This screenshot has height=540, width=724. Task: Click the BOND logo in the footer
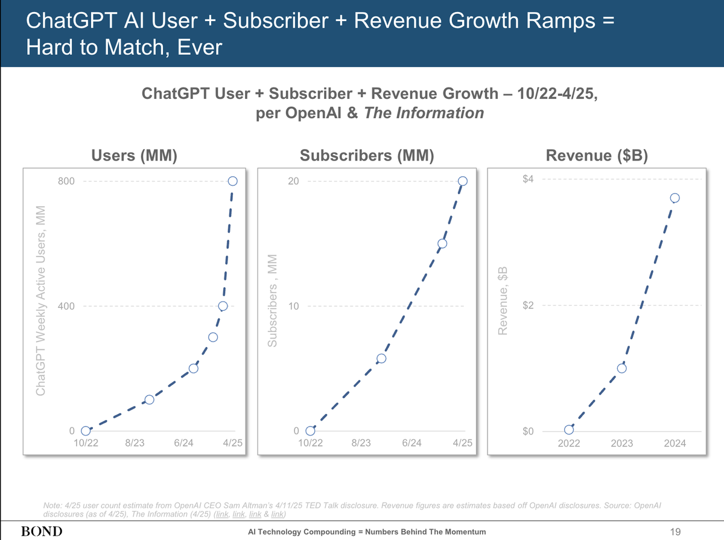pyautogui.click(x=42, y=532)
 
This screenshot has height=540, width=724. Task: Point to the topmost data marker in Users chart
pyautogui.click(x=233, y=181)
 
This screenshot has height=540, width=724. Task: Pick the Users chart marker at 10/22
pyautogui.click(x=86, y=431)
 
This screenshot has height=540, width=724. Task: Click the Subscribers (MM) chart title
pyautogui.click(x=367, y=156)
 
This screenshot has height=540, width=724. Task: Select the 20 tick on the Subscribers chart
pyautogui.click(x=293, y=181)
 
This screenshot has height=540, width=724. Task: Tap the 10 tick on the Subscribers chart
pyautogui.click(x=293, y=306)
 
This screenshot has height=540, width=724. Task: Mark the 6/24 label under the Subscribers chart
pyautogui.click(x=411, y=443)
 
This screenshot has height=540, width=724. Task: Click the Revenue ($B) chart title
pyautogui.click(x=596, y=156)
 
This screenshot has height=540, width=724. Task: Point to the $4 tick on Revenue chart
pyautogui.click(x=529, y=179)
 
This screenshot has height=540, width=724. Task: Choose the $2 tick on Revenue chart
pyautogui.click(x=529, y=305)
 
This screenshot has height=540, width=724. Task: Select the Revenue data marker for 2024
pyautogui.click(x=675, y=198)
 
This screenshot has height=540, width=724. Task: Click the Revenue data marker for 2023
pyautogui.click(x=622, y=368)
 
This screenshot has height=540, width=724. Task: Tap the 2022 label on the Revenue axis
pyautogui.click(x=569, y=443)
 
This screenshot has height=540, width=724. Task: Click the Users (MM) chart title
pyautogui.click(x=134, y=156)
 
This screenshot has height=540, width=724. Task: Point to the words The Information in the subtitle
pyautogui.click(x=424, y=113)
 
